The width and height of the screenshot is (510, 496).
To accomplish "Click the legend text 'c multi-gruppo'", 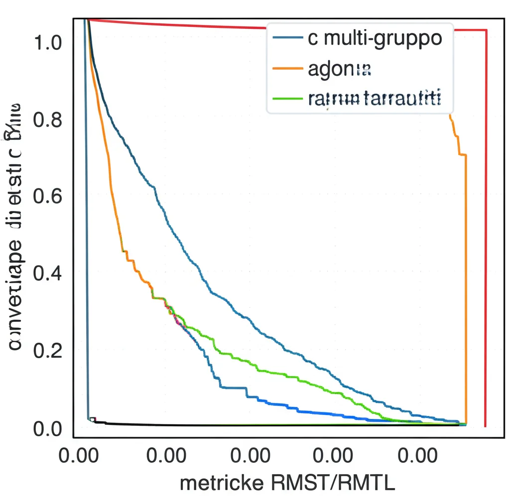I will (x=375, y=38).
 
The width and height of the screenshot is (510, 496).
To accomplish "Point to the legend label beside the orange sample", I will (x=340, y=69).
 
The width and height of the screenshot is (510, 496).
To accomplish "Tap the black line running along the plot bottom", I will (x=249, y=425).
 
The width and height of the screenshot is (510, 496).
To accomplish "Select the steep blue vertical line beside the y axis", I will (x=87, y=224).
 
